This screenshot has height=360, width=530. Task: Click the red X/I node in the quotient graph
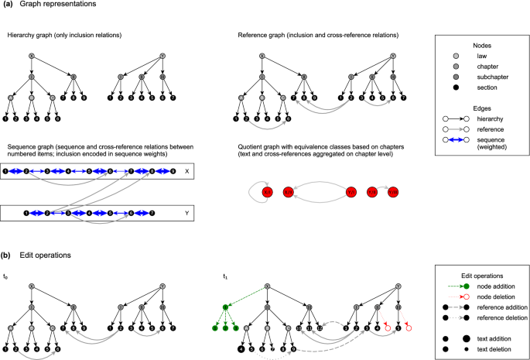point(268,191)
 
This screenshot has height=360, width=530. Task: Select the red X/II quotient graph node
point(289,191)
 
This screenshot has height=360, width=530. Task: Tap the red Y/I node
point(350,191)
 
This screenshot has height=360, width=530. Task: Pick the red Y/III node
point(392,191)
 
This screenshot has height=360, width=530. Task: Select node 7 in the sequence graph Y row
point(152,211)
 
